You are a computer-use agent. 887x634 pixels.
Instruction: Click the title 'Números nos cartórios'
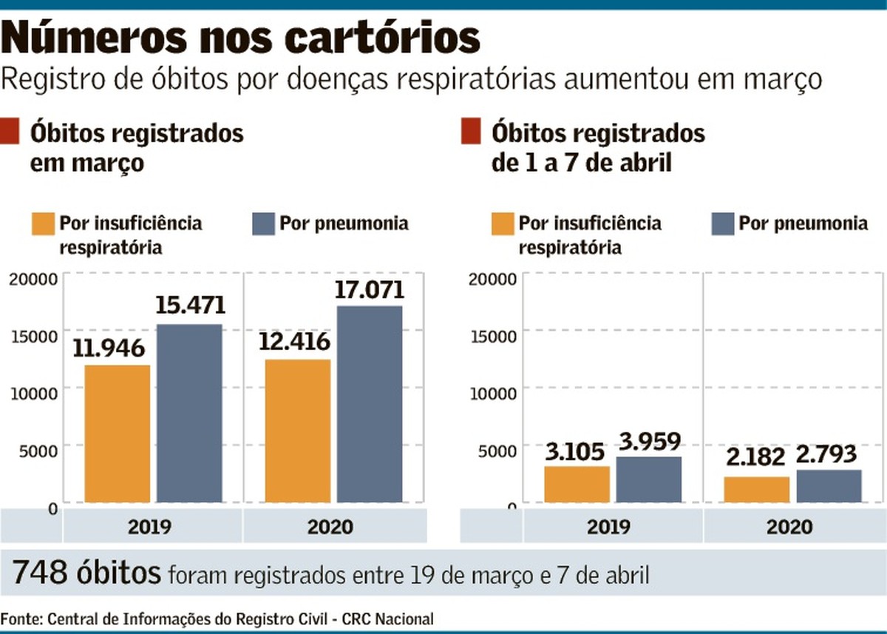241,38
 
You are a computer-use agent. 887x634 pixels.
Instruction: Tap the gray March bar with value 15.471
189,414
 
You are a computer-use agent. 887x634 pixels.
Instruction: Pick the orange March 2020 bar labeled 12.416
298,431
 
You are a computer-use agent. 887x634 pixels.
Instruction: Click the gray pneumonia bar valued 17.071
370,405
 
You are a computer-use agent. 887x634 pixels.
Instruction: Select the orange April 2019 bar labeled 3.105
577,485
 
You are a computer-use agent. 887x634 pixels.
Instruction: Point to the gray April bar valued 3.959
648,480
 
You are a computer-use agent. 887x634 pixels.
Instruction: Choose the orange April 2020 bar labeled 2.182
756,490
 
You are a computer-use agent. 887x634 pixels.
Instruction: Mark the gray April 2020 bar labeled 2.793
829,486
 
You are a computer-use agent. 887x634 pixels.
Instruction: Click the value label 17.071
370,289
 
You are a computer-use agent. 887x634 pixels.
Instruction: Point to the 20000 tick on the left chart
33,279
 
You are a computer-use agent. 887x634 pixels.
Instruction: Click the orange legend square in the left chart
43,224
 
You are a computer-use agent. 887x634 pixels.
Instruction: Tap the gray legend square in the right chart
722,224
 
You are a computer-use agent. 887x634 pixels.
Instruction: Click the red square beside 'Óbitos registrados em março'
10,133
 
